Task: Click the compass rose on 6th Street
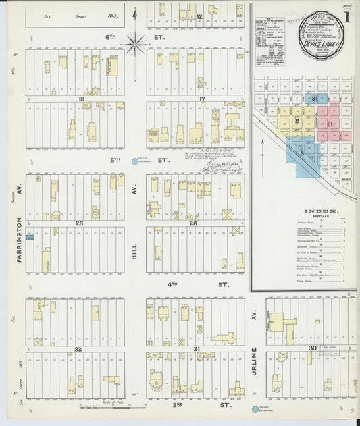(x=136, y=45)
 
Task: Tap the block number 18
(x=82, y=99)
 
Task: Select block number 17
(x=201, y=99)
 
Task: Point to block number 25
(x=79, y=223)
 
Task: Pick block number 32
(x=78, y=348)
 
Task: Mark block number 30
(x=312, y=347)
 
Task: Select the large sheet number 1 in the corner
(x=345, y=14)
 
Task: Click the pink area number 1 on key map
(x=330, y=124)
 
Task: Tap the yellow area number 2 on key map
(x=297, y=121)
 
